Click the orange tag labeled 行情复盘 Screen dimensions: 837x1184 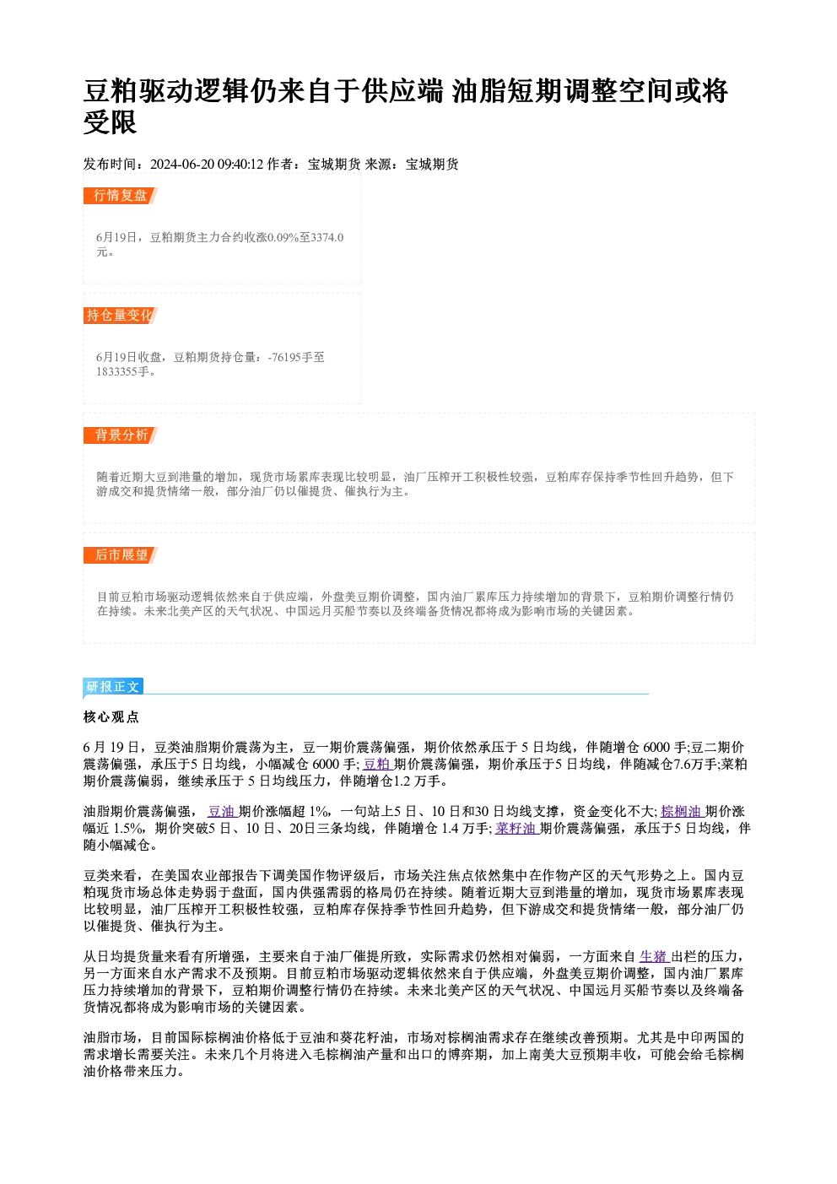tap(121, 196)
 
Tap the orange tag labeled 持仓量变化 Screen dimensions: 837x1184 tap(121, 316)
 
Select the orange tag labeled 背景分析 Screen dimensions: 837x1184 tap(121, 435)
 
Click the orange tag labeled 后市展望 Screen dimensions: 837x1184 tap(121, 555)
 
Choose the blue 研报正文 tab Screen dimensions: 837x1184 tap(113, 687)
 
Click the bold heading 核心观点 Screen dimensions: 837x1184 tap(111, 717)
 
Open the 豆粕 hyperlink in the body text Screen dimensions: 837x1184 tap(377, 765)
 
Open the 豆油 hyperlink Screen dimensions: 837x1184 tap(222, 811)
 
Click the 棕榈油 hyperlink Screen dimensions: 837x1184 tap(682, 811)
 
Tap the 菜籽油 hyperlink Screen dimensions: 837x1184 tap(516, 828)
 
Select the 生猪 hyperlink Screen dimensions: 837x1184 tap(654, 956)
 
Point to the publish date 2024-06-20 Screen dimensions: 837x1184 tap(182, 165)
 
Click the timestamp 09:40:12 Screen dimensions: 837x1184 tap(240, 165)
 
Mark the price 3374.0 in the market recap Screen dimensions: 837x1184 tap(327, 238)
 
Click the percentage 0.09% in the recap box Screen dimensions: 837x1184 tap(283, 238)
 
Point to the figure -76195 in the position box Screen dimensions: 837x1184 tap(284, 358)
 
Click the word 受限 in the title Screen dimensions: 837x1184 tap(111, 122)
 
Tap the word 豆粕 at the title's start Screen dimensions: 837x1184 tap(111, 90)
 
